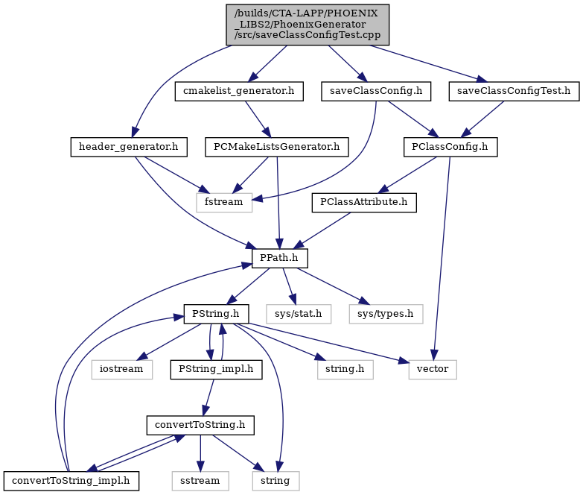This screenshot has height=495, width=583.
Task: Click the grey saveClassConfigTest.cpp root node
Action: pos(308,25)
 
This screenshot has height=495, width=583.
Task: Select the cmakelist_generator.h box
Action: pos(239,91)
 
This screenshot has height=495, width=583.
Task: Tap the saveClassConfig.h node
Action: pos(376,91)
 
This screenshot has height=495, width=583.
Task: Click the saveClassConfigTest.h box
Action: pos(514,91)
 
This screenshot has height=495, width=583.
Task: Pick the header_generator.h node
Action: pos(129,147)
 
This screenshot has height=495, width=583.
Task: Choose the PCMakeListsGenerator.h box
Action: pos(277,147)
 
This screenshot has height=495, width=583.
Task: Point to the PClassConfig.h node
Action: pos(450,147)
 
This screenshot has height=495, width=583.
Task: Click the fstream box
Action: pos(224,203)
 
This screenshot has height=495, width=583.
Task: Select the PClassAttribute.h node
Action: pos(364,203)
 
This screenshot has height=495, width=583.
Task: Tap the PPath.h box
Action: pos(280,258)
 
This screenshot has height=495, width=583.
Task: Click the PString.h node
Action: pos(216,314)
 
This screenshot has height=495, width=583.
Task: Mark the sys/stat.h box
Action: pos(299,314)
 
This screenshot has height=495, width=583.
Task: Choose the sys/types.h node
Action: pos(386,314)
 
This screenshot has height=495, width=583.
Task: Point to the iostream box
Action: pos(122,370)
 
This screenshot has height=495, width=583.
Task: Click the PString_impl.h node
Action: pos(216,370)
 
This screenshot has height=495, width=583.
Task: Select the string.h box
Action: pos(345,370)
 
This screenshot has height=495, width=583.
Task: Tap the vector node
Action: pos(433,370)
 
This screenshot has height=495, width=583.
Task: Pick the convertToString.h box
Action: pos(200,426)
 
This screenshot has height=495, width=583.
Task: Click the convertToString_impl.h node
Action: pos(71,481)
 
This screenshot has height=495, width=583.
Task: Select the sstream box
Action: pos(200,481)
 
